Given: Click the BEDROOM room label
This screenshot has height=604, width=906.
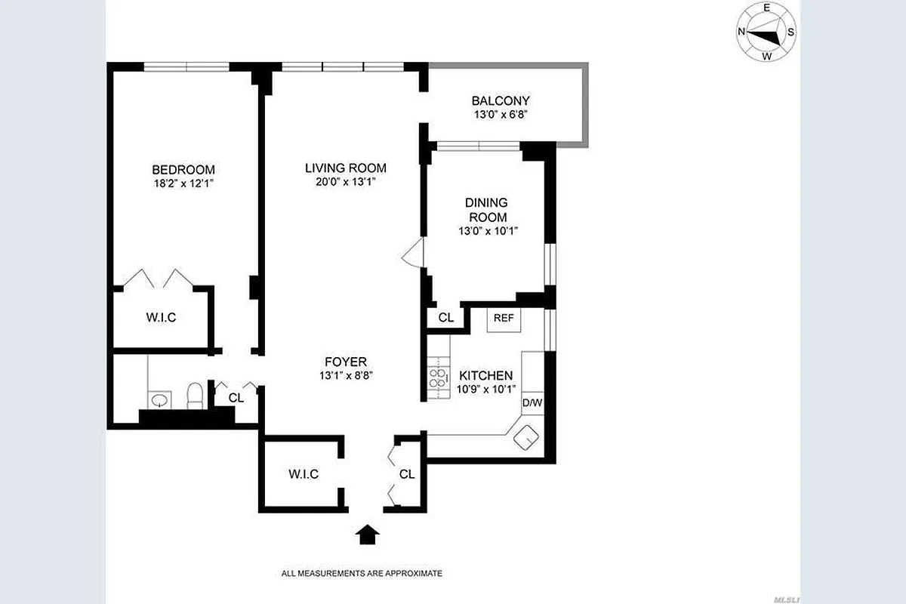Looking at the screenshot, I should coord(183,170).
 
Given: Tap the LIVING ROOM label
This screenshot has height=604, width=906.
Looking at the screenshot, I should coord(346,168).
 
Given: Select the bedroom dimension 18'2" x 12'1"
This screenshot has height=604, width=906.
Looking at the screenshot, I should coord(183,183).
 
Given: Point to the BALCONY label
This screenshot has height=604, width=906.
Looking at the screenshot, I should coord(501,100).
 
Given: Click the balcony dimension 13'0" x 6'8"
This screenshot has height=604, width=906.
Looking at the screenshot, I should coord(501,114).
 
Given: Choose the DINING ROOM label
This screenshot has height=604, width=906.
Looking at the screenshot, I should coord(486,210).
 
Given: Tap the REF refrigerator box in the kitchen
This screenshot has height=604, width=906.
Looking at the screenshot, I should coord(504,319).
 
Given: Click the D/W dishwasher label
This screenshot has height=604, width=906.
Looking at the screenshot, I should coord(532,402).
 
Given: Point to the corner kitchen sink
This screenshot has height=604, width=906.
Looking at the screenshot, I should coord(525,436).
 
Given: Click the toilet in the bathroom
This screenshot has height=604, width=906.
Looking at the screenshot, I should coord(195,395).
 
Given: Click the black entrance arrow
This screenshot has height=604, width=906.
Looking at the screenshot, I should coord(368,535).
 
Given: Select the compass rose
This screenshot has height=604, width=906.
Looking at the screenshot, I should coord(766,32).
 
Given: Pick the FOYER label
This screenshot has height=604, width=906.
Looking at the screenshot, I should coord(346,362).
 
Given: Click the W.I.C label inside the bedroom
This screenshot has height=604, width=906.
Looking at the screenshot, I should coord(161,318).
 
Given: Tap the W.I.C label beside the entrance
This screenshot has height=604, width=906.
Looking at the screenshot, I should coord(304,474).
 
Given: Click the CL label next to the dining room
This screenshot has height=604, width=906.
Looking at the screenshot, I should coord(446,318).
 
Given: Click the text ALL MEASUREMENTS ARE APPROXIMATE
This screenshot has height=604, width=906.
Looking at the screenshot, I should coord(362,573).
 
